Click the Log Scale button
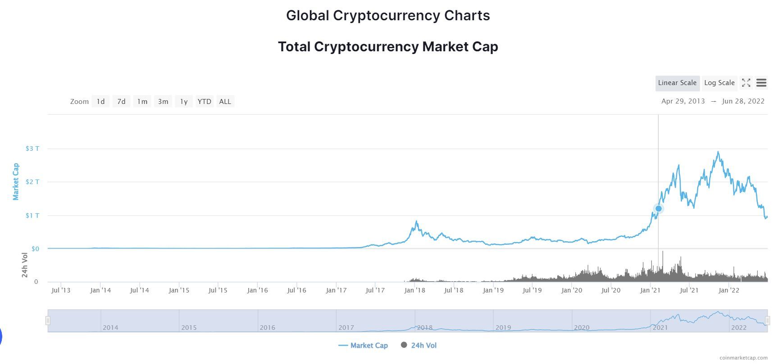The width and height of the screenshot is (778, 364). [x=719, y=83]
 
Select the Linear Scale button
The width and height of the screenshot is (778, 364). [x=677, y=83]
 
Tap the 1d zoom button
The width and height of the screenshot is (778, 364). [x=100, y=102]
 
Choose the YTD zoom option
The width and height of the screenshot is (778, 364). [x=204, y=102]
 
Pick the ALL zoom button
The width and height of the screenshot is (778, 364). [x=225, y=102]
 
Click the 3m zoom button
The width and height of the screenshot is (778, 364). [x=163, y=102]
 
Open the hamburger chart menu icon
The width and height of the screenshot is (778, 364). [x=761, y=83]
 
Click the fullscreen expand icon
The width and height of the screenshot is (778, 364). [x=746, y=83]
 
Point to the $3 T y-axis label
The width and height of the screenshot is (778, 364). [x=32, y=148]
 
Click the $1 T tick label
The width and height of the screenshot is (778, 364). [x=32, y=216]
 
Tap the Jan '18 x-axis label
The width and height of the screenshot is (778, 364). [x=414, y=290]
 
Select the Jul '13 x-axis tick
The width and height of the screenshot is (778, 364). [x=61, y=290]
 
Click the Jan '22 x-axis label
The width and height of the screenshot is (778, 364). [x=728, y=290]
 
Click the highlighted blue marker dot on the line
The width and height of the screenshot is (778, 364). [x=658, y=208]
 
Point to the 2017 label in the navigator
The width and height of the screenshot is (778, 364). [x=346, y=328]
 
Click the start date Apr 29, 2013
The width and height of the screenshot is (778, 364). [x=683, y=101]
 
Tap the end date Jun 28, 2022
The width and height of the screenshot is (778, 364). [x=743, y=101]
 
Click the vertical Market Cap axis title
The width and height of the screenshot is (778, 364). [x=16, y=182]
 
